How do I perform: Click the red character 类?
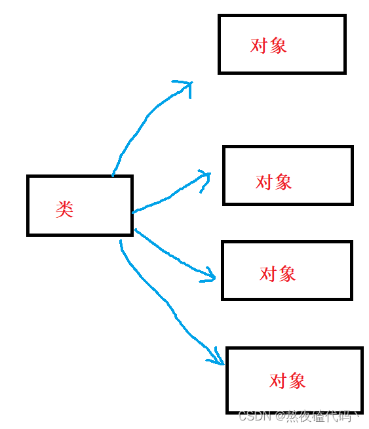coord(64,209)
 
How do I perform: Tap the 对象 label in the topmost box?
coord(269,45)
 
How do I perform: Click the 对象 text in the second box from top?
coord(273,182)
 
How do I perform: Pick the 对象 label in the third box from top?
coord(278,274)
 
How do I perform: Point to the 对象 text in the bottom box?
coord(288,380)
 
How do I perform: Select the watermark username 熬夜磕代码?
coord(323,417)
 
